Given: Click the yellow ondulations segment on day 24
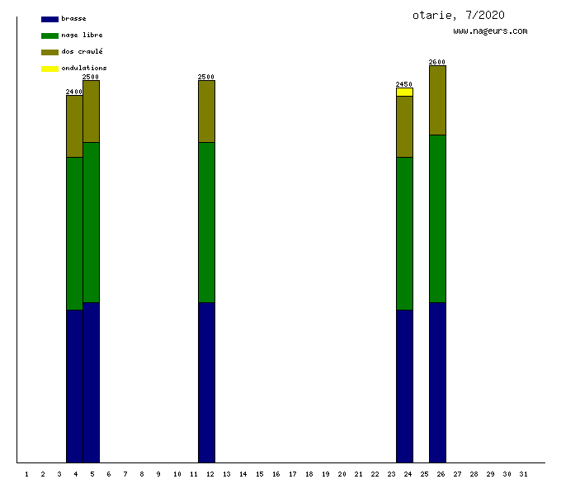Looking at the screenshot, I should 404,92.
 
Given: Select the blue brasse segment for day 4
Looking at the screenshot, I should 74,386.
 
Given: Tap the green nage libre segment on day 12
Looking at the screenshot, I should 206,222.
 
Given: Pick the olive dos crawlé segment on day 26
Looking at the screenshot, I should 437,100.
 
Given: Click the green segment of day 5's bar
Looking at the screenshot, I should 91,222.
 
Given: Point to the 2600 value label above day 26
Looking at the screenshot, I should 437,62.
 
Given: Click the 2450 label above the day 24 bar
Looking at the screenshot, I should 404,84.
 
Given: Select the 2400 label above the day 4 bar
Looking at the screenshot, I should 74,92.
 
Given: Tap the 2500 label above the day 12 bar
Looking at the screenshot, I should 206,77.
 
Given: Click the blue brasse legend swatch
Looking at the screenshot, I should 49,18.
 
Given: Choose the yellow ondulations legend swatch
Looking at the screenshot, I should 49,68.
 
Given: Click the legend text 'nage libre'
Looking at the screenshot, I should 82,35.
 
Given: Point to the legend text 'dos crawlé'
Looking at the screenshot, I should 82,51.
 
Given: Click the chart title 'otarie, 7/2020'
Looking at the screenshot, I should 459,15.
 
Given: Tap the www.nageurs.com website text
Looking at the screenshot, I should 490,31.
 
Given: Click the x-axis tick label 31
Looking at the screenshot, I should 523,473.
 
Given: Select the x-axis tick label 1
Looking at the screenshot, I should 26,473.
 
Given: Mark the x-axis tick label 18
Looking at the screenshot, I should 309,473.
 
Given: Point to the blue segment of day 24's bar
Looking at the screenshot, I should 404,386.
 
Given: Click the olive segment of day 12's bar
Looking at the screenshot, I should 206,111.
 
